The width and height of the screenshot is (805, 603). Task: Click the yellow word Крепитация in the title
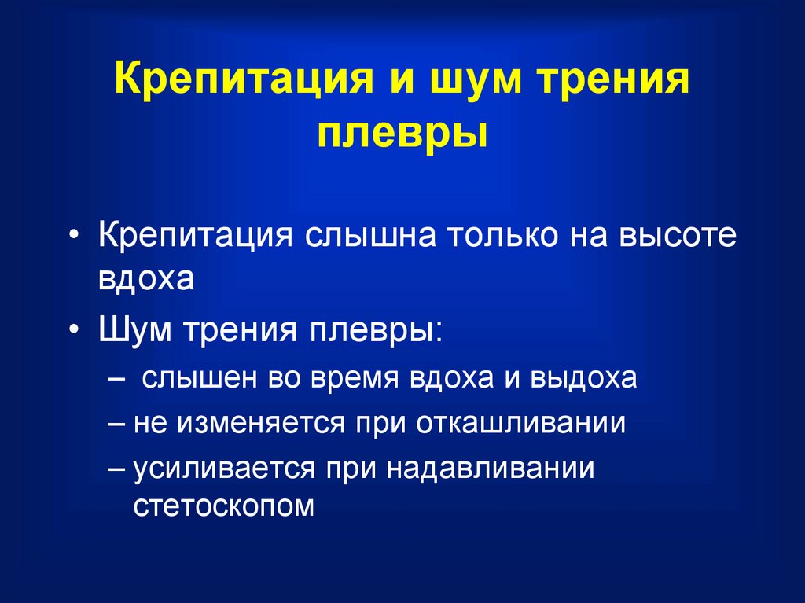[244, 78]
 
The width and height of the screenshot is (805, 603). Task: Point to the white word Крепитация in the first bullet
[196, 237]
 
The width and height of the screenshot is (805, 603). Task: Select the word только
[502, 236]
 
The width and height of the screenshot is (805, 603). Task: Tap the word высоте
[678, 236]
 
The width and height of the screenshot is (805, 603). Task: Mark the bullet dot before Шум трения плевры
[75, 329]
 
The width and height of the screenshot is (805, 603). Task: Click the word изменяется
[260, 424]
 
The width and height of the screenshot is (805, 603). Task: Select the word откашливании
[521, 424]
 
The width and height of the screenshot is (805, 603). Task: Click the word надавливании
[491, 469]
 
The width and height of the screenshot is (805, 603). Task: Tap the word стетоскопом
[223, 506]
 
